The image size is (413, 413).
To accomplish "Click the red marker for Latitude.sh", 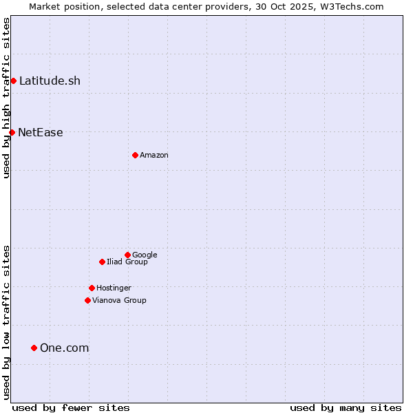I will pos(13,81).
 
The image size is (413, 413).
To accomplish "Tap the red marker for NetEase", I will pos(12,132).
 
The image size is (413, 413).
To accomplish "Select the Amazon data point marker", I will pos(135,155).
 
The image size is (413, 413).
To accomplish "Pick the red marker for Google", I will pos(127,255).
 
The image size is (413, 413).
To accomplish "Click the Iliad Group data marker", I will pos(102,262).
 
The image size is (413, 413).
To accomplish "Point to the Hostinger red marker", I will pos(92,288).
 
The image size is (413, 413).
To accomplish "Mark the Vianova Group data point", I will pos(87,300).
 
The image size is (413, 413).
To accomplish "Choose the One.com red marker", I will pos(34,348).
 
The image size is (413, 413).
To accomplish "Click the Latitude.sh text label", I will pos(50,81).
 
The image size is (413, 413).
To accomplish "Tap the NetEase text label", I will pos(41,133).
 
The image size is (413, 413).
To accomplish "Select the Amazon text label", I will pos(154,156).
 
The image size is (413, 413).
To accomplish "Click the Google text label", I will pos(145,255).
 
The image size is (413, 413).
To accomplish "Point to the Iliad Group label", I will pos(127,262).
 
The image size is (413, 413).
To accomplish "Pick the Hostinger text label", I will pos(114,288).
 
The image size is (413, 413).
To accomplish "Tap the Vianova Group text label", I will pos(119,301).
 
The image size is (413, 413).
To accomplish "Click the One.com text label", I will pos(64,348).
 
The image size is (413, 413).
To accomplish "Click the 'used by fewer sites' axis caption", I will pos(71,407).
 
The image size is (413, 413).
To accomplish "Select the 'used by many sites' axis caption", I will pos(346,407).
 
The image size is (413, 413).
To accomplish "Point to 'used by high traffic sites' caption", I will pos(6,98).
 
